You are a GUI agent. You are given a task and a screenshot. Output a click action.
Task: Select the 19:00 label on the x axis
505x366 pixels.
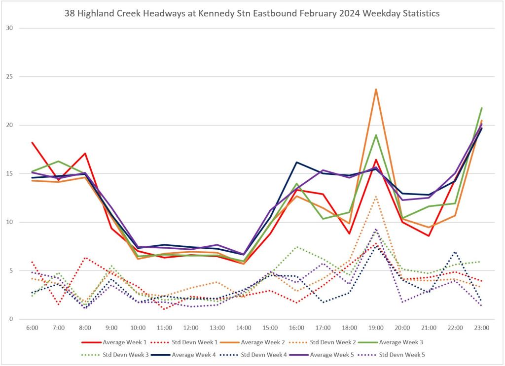[376, 327]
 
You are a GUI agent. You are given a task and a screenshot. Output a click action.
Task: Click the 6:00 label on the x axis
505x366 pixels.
[32, 327]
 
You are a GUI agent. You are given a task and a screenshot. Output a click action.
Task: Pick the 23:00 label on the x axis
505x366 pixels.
[481, 327]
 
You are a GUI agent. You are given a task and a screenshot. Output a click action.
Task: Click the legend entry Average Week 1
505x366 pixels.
[123, 341]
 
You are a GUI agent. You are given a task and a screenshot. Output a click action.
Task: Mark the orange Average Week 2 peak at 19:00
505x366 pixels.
[376, 89]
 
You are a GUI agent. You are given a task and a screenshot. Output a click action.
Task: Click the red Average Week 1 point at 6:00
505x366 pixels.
[32, 142]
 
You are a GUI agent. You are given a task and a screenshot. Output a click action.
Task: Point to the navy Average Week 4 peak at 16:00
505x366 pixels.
[296, 162]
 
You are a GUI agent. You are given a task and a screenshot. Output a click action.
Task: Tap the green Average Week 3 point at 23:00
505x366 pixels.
[481, 108]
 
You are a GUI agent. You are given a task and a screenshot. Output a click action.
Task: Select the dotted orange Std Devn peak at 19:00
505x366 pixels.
[376, 196]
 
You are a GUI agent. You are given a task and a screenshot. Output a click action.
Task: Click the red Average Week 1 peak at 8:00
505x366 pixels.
[85, 153]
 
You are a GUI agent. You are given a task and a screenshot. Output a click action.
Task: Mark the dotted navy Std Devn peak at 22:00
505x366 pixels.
[455, 252]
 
